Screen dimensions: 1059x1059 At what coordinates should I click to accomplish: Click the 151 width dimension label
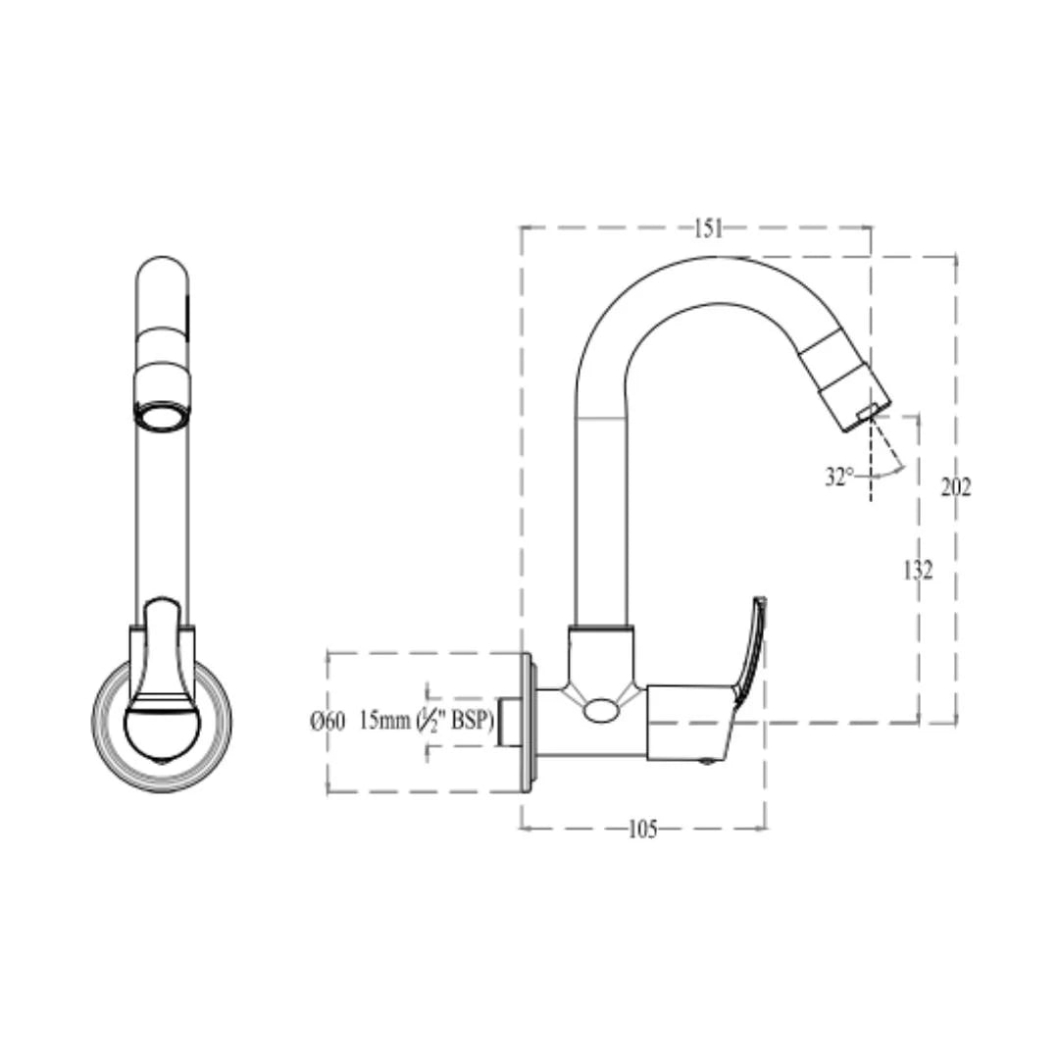point(708,228)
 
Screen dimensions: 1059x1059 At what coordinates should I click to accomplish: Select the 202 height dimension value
point(955,486)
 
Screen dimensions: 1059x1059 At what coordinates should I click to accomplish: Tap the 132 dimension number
point(918,570)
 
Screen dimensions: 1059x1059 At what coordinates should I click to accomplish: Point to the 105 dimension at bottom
point(642,830)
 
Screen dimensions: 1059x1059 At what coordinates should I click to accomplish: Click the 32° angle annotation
point(839,478)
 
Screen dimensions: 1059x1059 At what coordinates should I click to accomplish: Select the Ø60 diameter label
point(328,722)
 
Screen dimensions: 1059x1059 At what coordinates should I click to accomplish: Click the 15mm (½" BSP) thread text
point(426,721)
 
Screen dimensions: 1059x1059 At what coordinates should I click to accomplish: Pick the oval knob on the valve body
point(600,710)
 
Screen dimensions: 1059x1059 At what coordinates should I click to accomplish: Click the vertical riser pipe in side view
point(600,520)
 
